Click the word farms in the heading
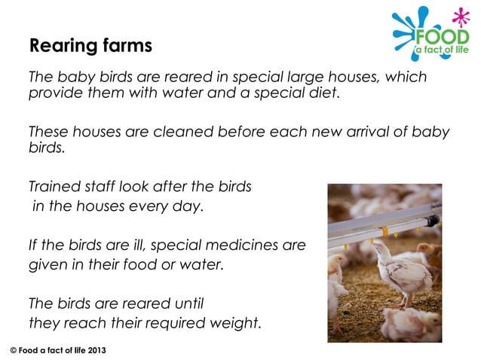(127, 46)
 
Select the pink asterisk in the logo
(459, 17)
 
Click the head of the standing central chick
(380, 250)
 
